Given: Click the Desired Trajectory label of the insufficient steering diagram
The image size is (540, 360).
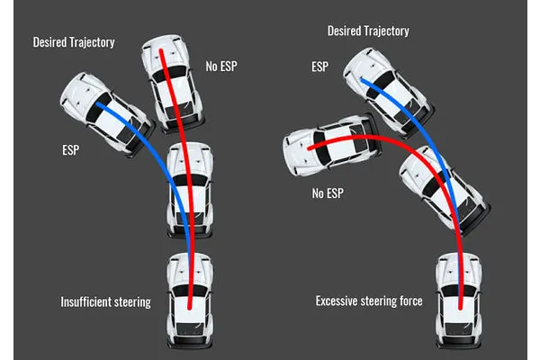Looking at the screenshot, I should pos(73,42).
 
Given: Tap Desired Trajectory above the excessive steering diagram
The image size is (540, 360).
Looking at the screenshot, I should pos(369,31).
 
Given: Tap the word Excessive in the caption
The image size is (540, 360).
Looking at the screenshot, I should pos(339,301).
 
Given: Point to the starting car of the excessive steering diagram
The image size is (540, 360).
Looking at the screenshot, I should pos(460,301).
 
